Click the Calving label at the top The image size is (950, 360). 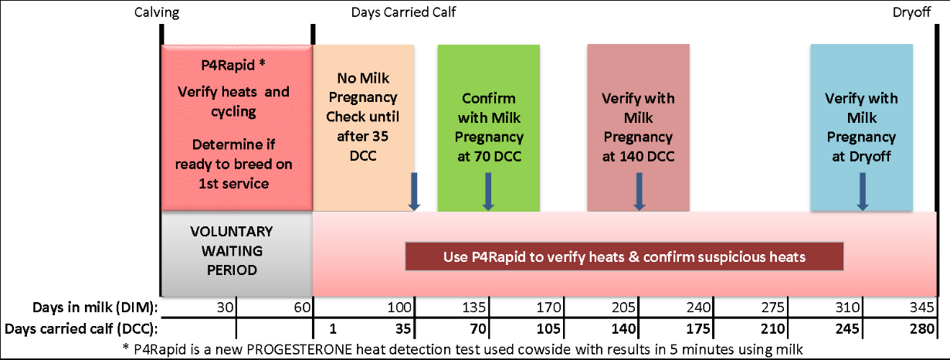[157, 12]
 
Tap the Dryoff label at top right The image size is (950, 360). [911, 12]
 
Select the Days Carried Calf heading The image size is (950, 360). [403, 12]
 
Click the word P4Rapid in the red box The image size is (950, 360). [228, 66]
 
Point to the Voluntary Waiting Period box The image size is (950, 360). [236, 253]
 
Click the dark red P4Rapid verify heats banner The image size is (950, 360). [624, 256]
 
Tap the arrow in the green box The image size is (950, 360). [488, 192]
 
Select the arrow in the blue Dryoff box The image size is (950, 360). [862, 192]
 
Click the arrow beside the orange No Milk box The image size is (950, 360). [414, 192]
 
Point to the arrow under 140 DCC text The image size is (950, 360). [640, 192]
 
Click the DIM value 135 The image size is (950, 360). [473, 307]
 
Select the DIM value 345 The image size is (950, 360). [921, 307]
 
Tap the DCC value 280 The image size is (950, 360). [921, 328]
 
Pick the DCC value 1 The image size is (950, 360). [333, 328]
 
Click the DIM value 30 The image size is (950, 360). [225, 307]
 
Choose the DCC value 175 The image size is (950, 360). [698, 328]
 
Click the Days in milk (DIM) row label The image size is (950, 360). [95, 307]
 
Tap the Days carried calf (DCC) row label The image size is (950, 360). [81, 329]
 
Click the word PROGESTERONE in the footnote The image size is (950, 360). [300, 349]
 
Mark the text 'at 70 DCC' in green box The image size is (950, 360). [489, 157]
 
